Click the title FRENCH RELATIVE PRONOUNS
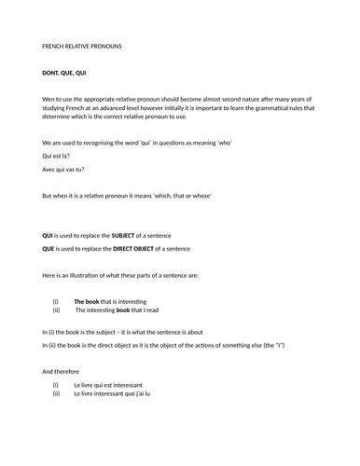pyautogui.click(x=82, y=46)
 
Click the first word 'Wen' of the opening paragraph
pyautogui.click(x=49, y=99)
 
